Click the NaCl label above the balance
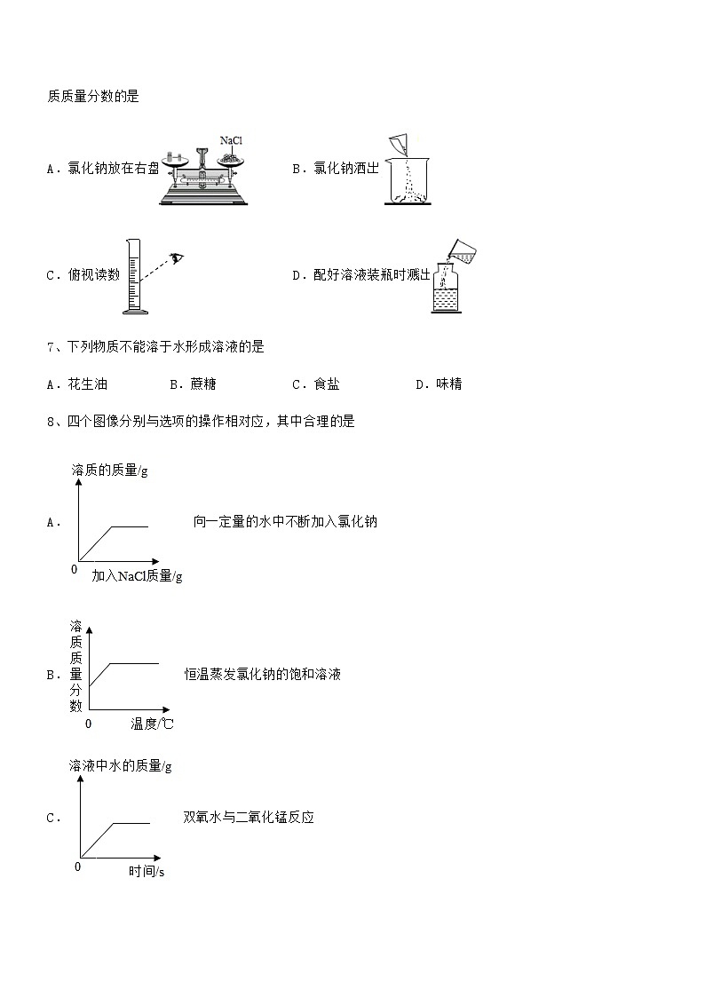231,140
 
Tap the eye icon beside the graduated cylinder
178,258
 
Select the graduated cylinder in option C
134,277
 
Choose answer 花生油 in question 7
87,384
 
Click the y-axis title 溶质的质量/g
110,470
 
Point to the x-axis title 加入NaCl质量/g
137,576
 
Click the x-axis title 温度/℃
152,724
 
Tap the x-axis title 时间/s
147,871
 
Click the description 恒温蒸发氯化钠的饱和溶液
263,674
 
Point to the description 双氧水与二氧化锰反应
249,817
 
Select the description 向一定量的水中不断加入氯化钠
285,521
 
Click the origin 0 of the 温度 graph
88,724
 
